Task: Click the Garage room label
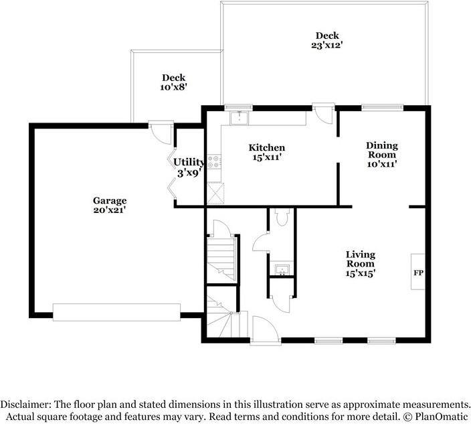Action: [110, 200]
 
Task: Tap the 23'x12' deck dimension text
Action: [327, 46]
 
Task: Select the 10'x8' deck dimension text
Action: [174, 87]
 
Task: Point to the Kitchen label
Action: [267, 147]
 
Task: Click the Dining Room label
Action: [382, 150]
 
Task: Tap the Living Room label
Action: [361, 259]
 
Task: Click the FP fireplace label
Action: [418, 273]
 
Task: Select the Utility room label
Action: [189, 162]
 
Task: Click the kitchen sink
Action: [240, 118]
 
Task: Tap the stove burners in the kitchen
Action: [214, 161]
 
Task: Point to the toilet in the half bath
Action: [282, 216]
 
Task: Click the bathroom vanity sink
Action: [282, 269]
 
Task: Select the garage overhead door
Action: [116, 312]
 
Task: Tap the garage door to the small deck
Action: [161, 132]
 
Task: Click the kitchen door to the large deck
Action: [323, 113]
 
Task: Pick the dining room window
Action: [382, 107]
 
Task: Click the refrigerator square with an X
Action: [215, 193]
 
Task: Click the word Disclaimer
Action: [26, 404]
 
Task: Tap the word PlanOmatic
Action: [442, 417]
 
